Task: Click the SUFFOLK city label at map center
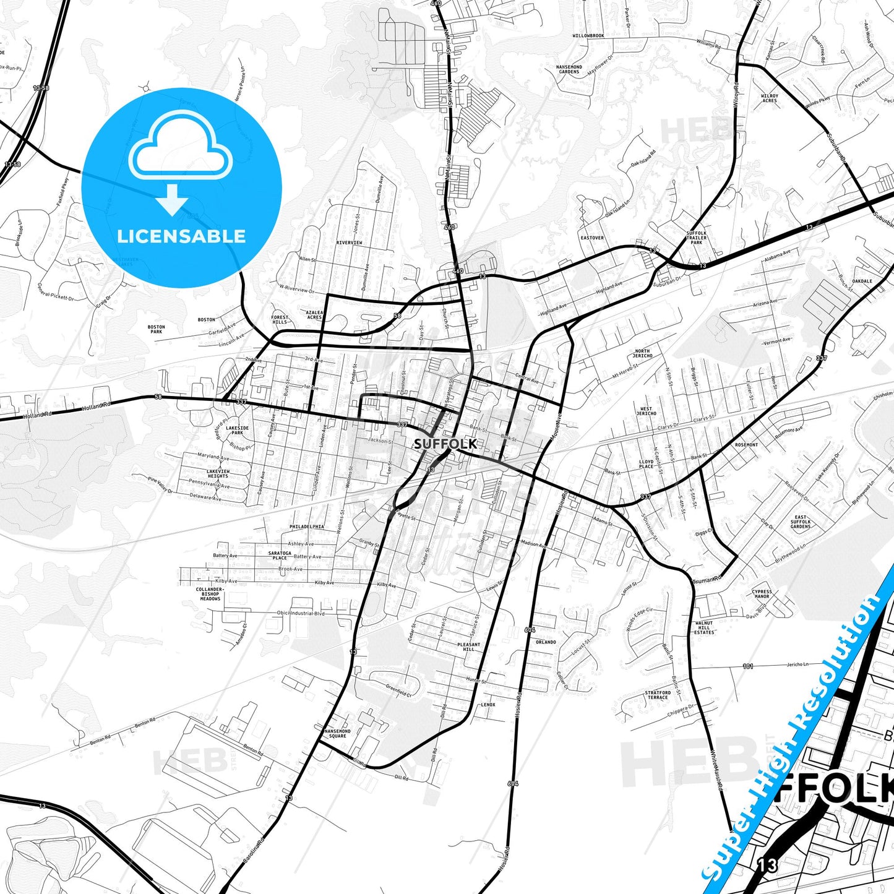[x=445, y=444]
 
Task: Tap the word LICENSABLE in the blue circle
[x=181, y=236]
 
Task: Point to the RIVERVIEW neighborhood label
[x=349, y=243]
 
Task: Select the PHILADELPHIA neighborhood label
[x=306, y=527]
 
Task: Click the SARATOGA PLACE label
[x=280, y=555]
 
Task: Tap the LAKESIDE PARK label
[x=238, y=430]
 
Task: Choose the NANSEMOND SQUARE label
[x=337, y=733]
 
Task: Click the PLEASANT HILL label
[x=468, y=647]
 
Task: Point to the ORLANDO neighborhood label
[x=546, y=642]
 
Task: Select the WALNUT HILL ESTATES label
[x=704, y=628]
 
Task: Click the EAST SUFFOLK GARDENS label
[x=801, y=522]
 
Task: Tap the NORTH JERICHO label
[x=642, y=353]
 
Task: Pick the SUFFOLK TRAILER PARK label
[x=697, y=238]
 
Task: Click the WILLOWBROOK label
[x=588, y=36]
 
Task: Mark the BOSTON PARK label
[x=156, y=329]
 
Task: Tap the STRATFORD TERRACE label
[x=658, y=695]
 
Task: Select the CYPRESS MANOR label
[x=762, y=594]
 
